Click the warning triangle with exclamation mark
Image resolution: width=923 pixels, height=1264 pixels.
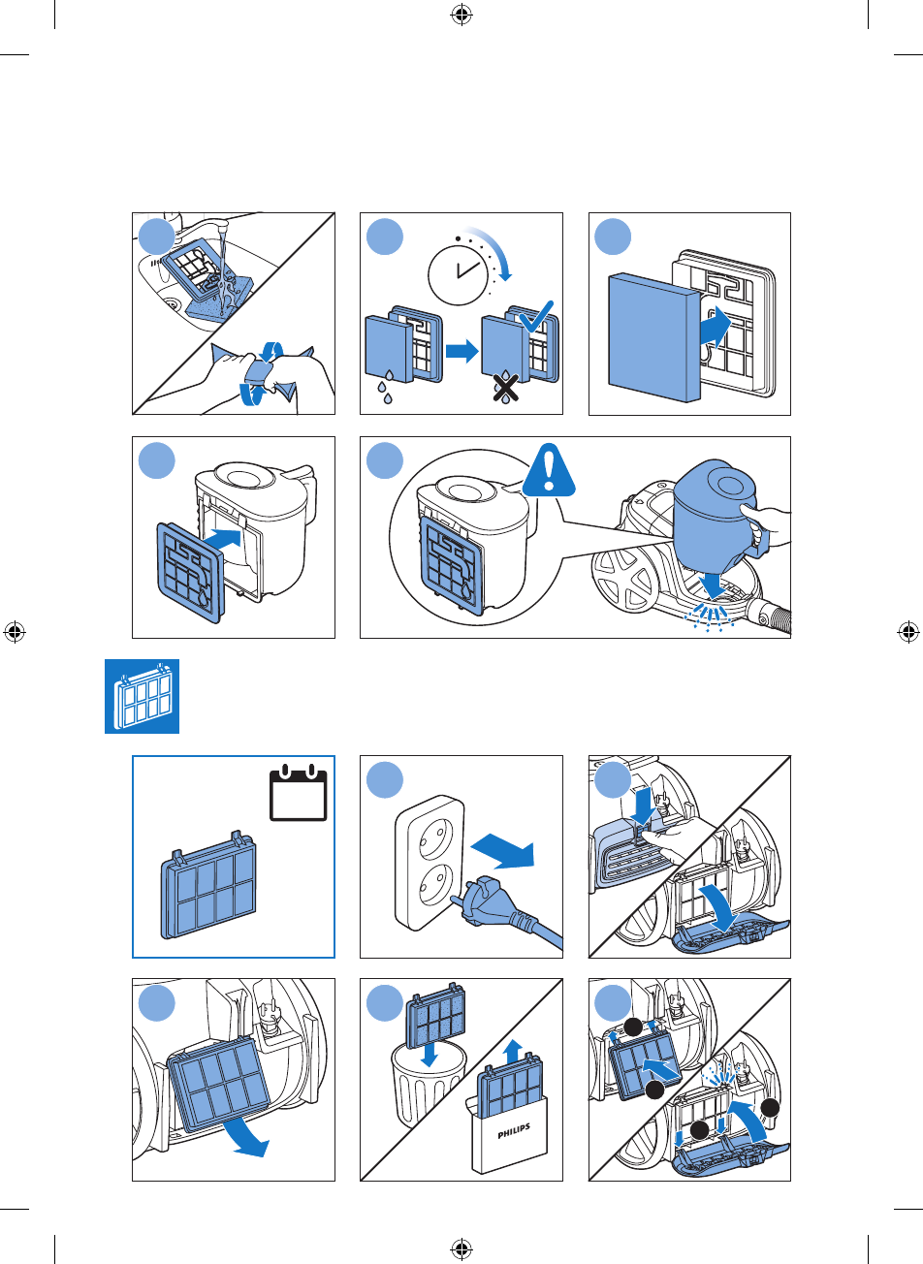pos(548,471)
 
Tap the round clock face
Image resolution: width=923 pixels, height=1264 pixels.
pos(458,276)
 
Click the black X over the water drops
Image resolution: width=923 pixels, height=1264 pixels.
pos(506,388)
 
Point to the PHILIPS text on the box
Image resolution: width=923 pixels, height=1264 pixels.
pos(514,1130)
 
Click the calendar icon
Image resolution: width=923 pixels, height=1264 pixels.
pos(298,792)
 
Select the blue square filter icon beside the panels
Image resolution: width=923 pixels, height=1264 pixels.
pos(142,696)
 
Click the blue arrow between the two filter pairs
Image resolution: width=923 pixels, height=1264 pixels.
pos(461,351)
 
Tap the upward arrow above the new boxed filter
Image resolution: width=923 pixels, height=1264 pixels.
pos(513,1051)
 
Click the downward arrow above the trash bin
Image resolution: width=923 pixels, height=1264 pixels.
pos(430,1054)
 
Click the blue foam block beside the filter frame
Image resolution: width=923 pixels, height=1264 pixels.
pos(654,337)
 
